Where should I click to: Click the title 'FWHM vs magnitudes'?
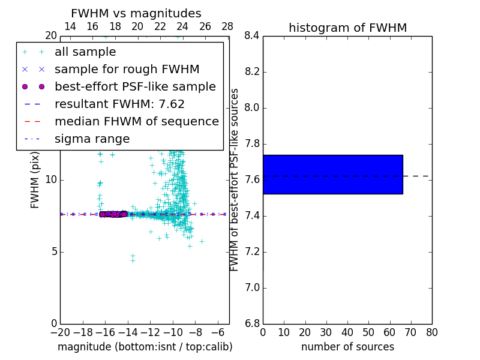(136, 13)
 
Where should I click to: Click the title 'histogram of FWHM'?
(347, 28)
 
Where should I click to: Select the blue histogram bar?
(332, 174)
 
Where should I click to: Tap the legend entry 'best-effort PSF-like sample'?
(135, 86)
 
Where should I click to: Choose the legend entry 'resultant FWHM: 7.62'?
(119, 104)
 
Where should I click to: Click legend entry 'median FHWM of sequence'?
(136, 121)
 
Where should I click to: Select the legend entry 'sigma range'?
(92, 139)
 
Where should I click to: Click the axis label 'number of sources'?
(347, 347)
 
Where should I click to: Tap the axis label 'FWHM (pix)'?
(35, 180)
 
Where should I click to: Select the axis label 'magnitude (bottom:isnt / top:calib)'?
(145, 347)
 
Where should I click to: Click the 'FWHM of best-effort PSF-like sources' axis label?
(235, 180)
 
